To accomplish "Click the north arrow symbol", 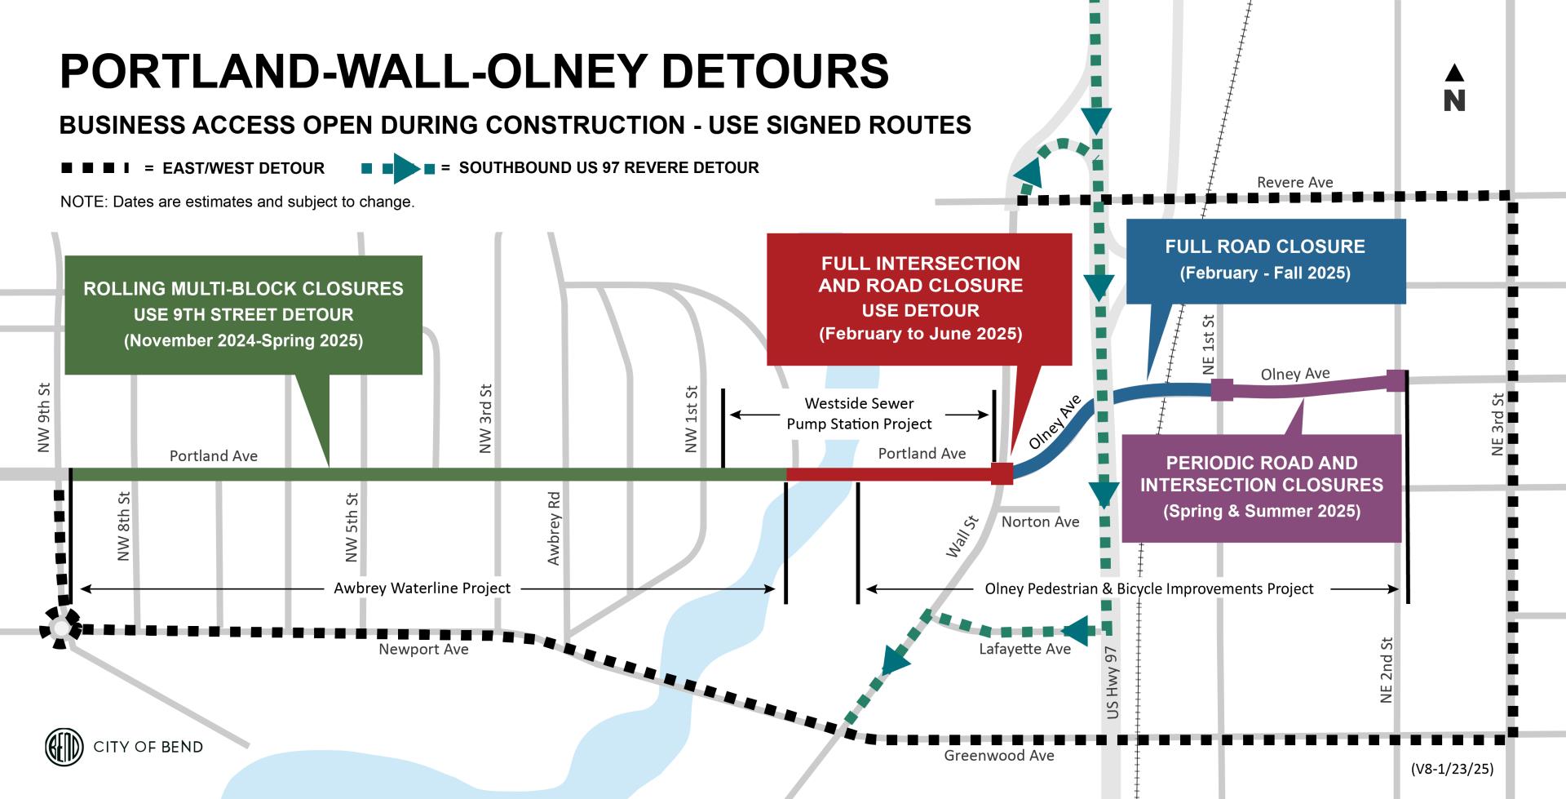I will click(x=1454, y=88).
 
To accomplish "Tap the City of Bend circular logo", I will click(x=64, y=747).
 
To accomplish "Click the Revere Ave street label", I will click(x=1294, y=182).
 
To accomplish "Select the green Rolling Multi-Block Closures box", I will click(x=243, y=315).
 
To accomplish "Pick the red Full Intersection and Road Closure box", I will click(x=919, y=299).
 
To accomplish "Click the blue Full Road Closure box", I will click(x=1265, y=260).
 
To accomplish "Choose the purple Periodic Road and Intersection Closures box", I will click(x=1261, y=487).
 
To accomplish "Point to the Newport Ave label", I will click(x=423, y=650).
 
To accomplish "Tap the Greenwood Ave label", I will click(x=998, y=756).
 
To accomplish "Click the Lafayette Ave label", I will click(x=1024, y=650).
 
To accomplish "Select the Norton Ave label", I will click(x=1040, y=522).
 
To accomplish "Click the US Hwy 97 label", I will click(x=1113, y=682).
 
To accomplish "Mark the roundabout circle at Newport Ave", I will click(x=60, y=628).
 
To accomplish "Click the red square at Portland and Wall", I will click(x=1002, y=473).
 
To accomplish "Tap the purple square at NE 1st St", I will click(x=1221, y=389).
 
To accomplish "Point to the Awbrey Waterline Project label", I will click(x=422, y=588).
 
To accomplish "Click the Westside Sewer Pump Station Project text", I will click(x=859, y=414).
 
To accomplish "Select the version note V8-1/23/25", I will click(x=1452, y=769).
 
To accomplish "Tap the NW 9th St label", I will click(x=44, y=417).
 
